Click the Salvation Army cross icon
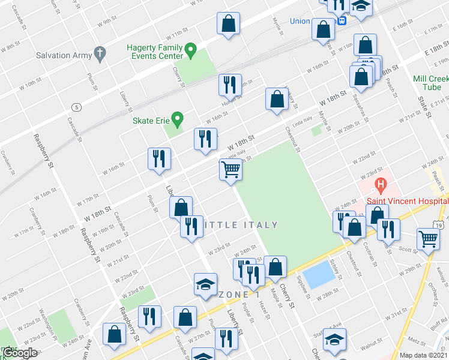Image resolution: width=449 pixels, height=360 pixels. point(100,54)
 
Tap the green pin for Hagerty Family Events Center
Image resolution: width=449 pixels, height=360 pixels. point(191,50)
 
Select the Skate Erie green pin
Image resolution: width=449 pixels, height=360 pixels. point(177,120)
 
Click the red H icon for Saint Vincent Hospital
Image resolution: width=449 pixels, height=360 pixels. point(380,184)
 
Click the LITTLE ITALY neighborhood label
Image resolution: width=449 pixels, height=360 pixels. point(240,225)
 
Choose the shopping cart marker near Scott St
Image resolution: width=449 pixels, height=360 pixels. point(429,239)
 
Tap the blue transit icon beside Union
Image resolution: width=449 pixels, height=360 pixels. point(342,20)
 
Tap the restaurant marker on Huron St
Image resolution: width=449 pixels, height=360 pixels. point(229,85)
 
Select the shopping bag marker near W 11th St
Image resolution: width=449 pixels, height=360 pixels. point(229,25)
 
